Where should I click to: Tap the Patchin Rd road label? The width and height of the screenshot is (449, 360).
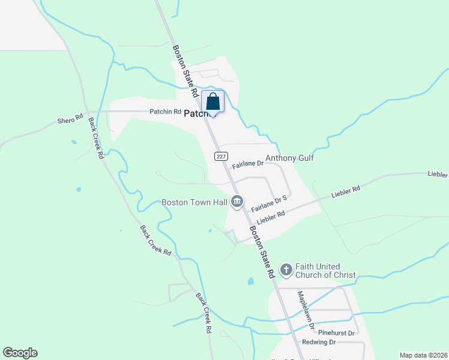click(x=165, y=112)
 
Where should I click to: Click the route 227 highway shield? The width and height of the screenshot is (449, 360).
click(x=221, y=156)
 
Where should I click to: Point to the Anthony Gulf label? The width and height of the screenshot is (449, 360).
click(x=290, y=158)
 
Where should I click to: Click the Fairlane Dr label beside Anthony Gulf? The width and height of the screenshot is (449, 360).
click(x=248, y=163)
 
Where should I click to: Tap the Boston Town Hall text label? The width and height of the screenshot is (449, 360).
click(x=194, y=202)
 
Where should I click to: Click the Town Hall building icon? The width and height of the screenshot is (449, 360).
click(x=237, y=202)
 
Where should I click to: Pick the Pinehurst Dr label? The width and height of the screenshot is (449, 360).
click(x=337, y=332)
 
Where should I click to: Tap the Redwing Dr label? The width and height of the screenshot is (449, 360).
click(x=319, y=342)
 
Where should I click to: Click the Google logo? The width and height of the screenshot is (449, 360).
click(x=20, y=353)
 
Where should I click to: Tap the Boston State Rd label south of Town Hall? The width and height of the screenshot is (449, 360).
click(x=262, y=251)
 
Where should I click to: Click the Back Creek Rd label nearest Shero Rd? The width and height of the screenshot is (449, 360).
click(x=96, y=137)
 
